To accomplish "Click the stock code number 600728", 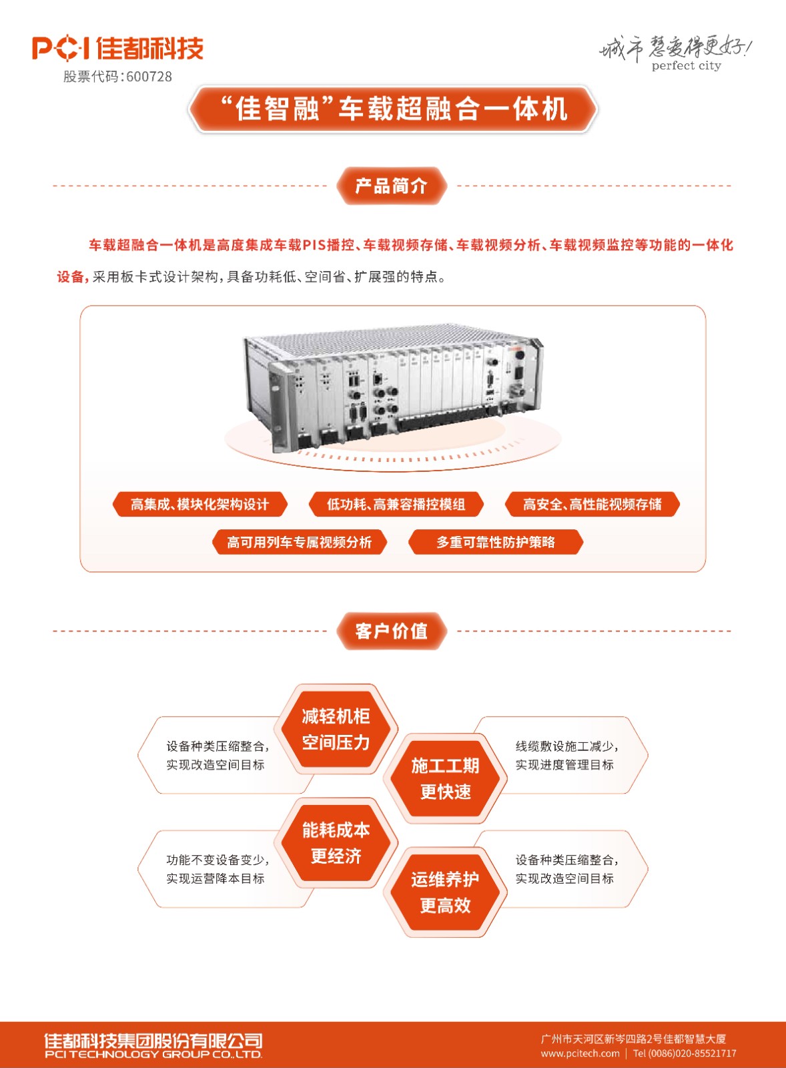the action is pyautogui.click(x=149, y=76).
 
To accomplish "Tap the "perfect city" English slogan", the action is pyautogui.click(x=687, y=65).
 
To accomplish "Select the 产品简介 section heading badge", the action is pyautogui.click(x=392, y=186).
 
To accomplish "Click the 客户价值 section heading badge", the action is pyautogui.click(x=392, y=631).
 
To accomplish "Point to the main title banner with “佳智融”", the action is pyautogui.click(x=393, y=109).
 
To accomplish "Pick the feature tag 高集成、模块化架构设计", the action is pyautogui.click(x=200, y=504).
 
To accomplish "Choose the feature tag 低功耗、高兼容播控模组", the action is pyautogui.click(x=396, y=504).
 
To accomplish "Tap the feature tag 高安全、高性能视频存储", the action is pyautogui.click(x=592, y=504).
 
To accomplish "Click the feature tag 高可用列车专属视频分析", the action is pyautogui.click(x=300, y=541).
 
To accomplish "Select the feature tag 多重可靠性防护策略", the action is pyautogui.click(x=496, y=541).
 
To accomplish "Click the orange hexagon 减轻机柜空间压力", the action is pyautogui.click(x=336, y=729).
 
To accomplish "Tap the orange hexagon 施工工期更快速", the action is pyautogui.click(x=445, y=778).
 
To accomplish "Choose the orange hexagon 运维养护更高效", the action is pyautogui.click(x=445, y=892).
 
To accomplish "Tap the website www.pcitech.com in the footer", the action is pyautogui.click(x=580, y=1053).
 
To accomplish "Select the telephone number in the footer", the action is pyautogui.click(x=685, y=1053).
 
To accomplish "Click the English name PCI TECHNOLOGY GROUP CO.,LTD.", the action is pyautogui.click(x=153, y=1054).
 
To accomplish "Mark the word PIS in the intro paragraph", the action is pyautogui.click(x=314, y=245).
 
